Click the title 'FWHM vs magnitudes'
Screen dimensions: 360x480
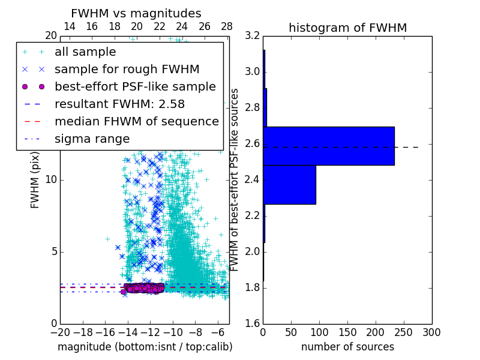[136, 13]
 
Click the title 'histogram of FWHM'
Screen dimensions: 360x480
[347, 28]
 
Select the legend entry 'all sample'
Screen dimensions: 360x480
[85, 52]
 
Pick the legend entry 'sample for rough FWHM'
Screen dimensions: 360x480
[127, 69]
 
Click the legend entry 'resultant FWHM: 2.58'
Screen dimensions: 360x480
[111, 104]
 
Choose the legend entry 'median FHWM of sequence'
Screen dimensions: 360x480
[136, 121]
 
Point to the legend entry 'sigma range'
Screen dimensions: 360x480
[92, 139]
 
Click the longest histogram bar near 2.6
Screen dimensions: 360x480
[329, 146]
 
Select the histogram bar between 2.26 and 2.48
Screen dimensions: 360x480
[289, 184]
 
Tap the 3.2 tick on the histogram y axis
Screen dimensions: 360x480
[253, 36]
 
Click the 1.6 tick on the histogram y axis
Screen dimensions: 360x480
[253, 324]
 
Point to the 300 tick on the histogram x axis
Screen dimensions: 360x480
[431, 332]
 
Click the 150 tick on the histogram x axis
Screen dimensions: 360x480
[347, 332]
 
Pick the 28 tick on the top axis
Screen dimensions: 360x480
[227, 26]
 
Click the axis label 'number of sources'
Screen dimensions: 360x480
[347, 347]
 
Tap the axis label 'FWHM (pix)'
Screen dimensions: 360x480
[35, 180]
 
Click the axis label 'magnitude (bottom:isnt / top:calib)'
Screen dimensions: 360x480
[145, 347]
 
